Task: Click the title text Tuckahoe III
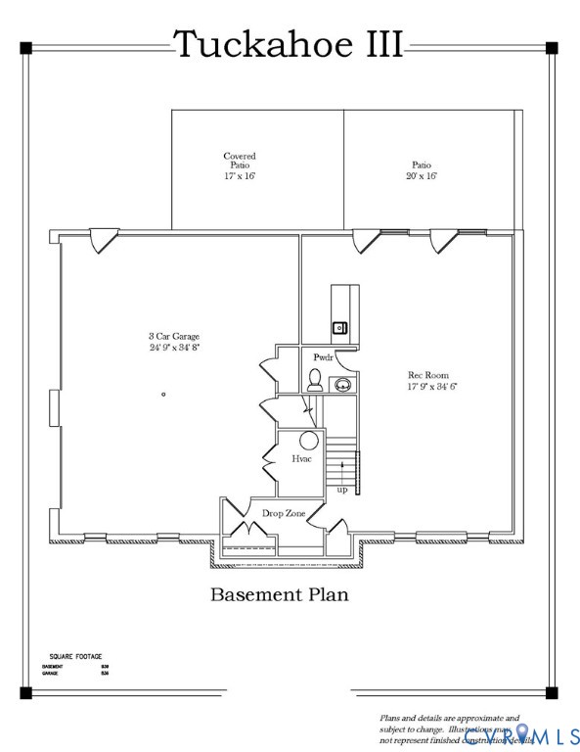[289, 44]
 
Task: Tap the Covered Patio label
[240, 165]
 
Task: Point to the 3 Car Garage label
[174, 342]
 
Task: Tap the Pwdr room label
[323, 358]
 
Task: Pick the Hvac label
[301, 458]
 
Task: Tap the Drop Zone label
[284, 512]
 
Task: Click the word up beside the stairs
[341, 490]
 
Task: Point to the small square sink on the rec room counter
[339, 327]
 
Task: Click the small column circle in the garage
[163, 394]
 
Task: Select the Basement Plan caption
[280, 593]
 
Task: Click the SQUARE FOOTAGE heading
[75, 656]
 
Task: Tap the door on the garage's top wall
[102, 241]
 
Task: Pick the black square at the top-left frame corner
[25, 47]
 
